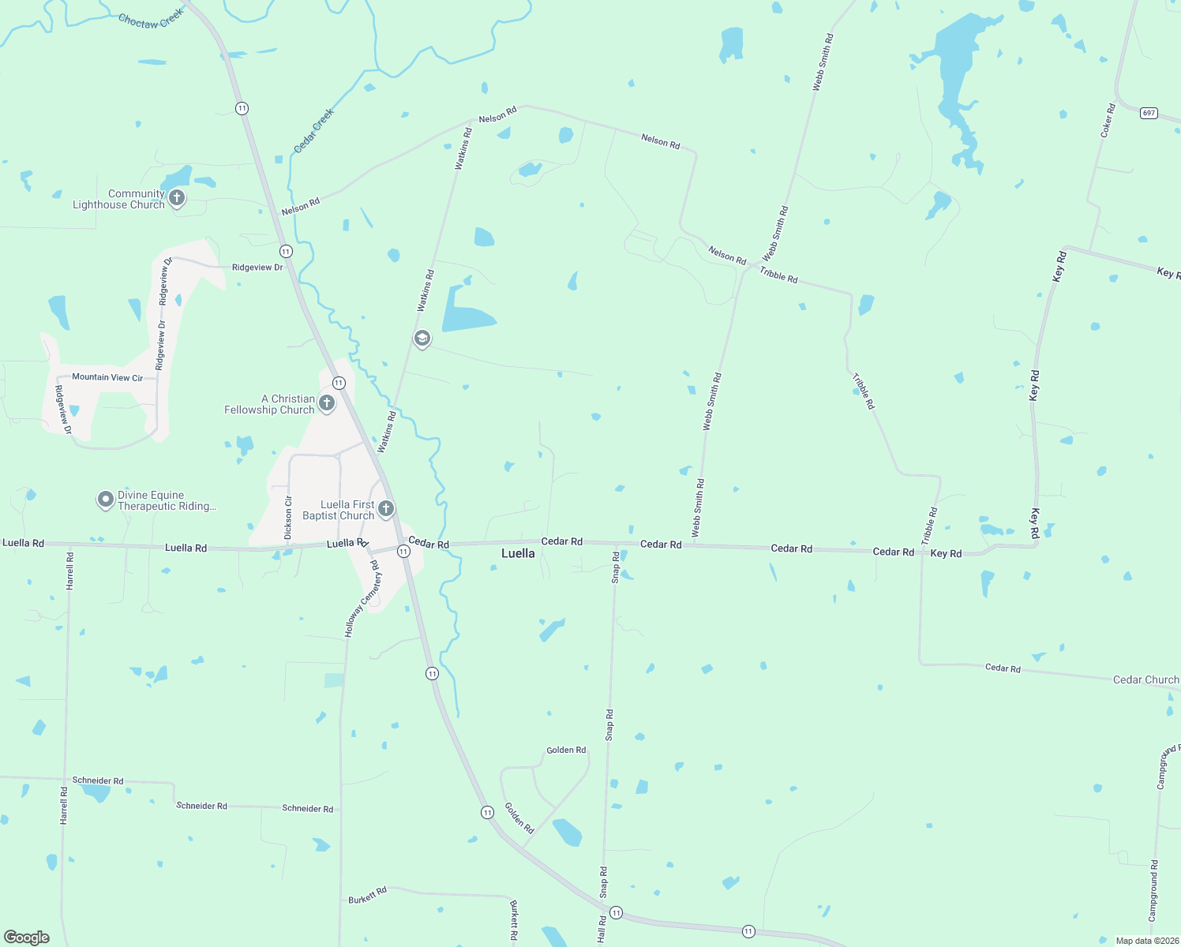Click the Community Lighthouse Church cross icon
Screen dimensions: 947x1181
coord(177,198)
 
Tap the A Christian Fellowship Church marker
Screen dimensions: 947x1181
coord(327,404)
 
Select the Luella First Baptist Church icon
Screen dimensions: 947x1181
coord(386,509)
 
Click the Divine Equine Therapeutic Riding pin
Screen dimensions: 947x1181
coord(105,500)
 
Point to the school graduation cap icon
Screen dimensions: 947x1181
coord(422,339)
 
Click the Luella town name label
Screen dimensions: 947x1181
coord(518,553)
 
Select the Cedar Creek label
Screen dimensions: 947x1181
coord(314,131)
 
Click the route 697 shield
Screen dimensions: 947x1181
coord(1149,113)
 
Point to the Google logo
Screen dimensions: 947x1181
coord(27,938)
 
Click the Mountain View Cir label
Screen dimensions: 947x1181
coord(107,377)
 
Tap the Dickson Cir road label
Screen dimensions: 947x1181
coord(288,518)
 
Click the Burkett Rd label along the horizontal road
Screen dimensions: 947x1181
coord(368,895)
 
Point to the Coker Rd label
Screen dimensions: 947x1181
coord(1108,120)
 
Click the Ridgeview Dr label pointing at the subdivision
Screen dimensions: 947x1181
coord(257,268)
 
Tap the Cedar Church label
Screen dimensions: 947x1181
coord(1145,679)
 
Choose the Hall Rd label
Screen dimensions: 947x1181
coord(602,929)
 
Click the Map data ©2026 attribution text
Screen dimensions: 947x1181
coord(1147,941)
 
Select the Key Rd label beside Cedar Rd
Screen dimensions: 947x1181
coord(946,553)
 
